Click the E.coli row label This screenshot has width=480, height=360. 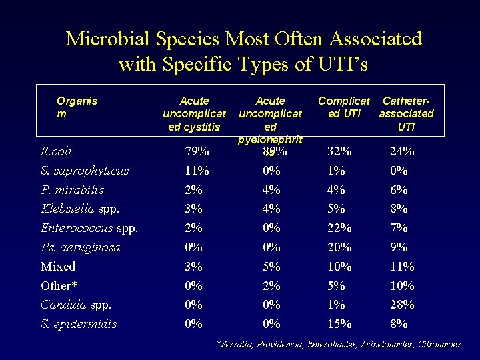pyautogui.click(x=57, y=151)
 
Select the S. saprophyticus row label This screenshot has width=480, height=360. pyautogui.click(x=85, y=171)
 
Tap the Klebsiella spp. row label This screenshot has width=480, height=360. pyautogui.click(x=80, y=209)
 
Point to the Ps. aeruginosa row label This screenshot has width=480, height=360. pyautogui.click(x=81, y=247)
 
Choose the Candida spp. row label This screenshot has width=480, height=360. pyautogui.click(x=76, y=305)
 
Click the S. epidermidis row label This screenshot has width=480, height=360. pyautogui.click(x=79, y=324)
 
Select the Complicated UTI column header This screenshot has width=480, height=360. pyautogui.click(x=343, y=107)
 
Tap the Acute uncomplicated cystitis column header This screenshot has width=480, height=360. pyautogui.click(x=194, y=113)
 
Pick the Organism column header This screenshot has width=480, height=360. pyautogui.click(x=77, y=107)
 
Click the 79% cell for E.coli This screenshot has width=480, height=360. pyautogui.click(x=197, y=151)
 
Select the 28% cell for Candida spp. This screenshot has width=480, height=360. pyautogui.click(x=402, y=305)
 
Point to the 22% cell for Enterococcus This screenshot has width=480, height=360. pyautogui.click(x=340, y=228)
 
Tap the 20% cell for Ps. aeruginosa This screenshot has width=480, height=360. pyautogui.click(x=340, y=247)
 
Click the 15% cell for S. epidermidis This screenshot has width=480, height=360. pyautogui.click(x=339, y=324)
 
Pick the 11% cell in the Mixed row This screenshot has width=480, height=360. pyautogui.click(x=402, y=267)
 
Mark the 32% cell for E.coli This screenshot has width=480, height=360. pyautogui.click(x=340, y=151)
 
